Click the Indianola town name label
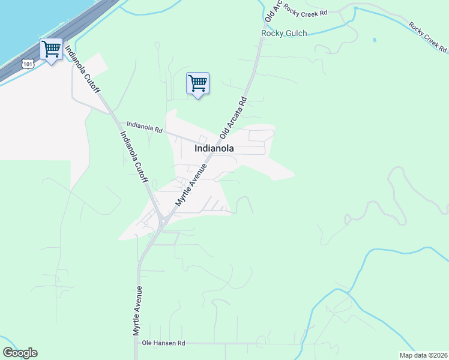click(x=214, y=148)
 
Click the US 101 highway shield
click(x=26, y=63)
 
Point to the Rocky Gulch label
click(x=284, y=34)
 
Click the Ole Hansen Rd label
click(x=164, y=343)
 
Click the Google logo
click(x=20, y=353)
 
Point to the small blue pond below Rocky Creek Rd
click(x=374, y=40)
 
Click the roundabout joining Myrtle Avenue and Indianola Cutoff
click(x=163, y=221)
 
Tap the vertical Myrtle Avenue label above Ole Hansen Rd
click(x=137, y=310)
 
